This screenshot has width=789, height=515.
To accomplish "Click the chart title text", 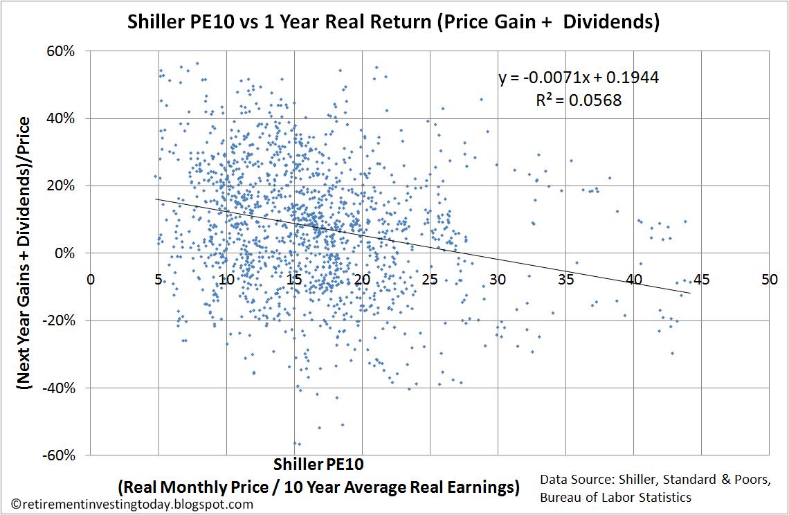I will pos(393,21).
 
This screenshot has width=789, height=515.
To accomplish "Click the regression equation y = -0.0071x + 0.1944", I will pos(579,78).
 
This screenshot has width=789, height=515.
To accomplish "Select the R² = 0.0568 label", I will pos(579,100).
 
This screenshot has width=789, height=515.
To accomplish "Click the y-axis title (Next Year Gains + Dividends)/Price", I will pos(25,253).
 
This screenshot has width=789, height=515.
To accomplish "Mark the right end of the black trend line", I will pos(689,293).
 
